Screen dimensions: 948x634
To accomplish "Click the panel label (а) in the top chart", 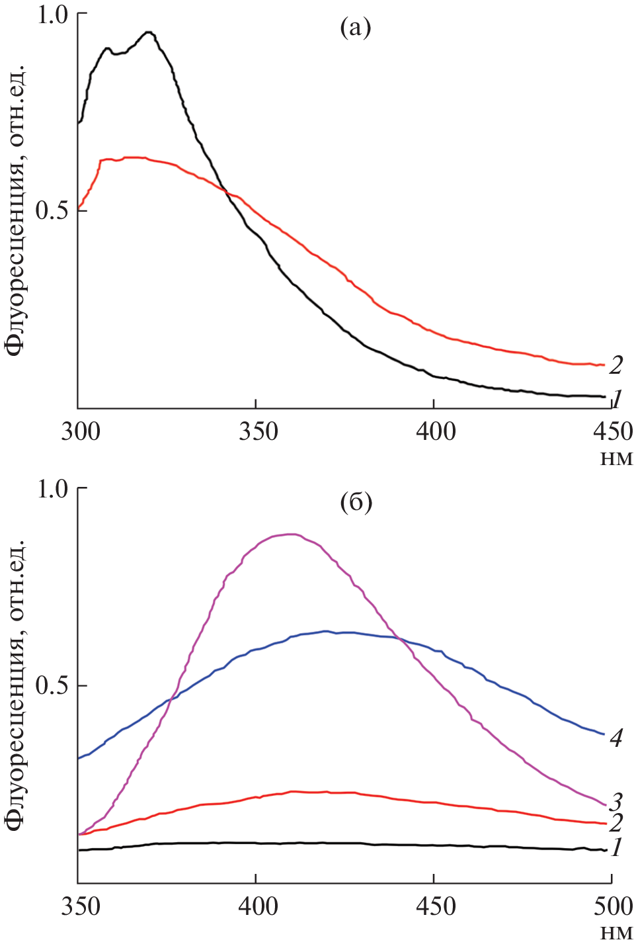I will pyautogui.click(x=355, y=28).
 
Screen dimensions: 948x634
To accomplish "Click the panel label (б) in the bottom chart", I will pyautogui.click(x=356, y=503).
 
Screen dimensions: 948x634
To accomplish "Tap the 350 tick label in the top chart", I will pyautogui.click(x=256, y=432).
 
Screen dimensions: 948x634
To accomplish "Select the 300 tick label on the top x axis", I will pyautogui.click(x=80, y=432).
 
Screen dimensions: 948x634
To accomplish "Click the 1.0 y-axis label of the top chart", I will pyautogui.click(x=52, y=15).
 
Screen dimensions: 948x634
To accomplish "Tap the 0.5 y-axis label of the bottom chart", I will pyautogui.click(x=52, y=686).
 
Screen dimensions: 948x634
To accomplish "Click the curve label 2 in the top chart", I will pyautogui.click(x=616, y=365).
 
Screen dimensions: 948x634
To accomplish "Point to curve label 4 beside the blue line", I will pyautogui.click(x=616, y=738).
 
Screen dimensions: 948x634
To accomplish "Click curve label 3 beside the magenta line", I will pyautogui.click(x=616, y=802).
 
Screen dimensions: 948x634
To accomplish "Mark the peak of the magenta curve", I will pyautogui.click(x=289, y=534).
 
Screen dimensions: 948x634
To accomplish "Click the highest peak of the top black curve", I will pyautogui.click(x=149, y=32).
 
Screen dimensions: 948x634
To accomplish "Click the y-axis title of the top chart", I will pyautogui.click(x=16, y=210).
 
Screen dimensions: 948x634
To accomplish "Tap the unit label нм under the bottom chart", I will pyautogui.click(x=616, y=933).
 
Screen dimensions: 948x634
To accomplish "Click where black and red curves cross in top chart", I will pyautogui.click(x=226, y=191).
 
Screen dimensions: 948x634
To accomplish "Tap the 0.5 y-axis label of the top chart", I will pyautogui.click(x=52, y=211).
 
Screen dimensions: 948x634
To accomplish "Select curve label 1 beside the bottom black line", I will pyautogui.click(x=616, y=847).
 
